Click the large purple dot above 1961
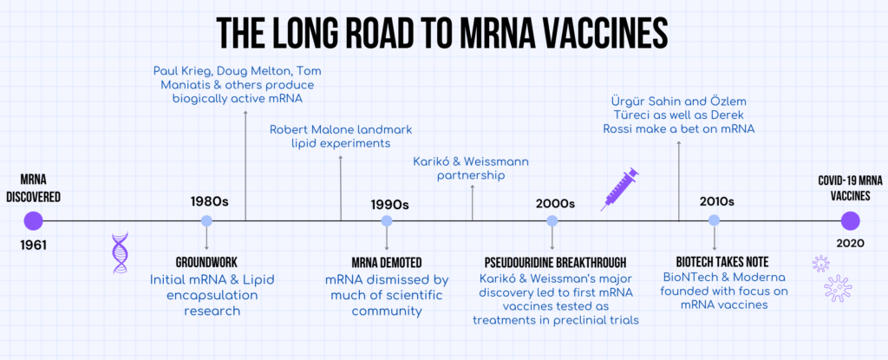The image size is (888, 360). pyautogui.click(x=33, y=220)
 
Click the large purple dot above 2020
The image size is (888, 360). pyautogui.click(x=851, y=220)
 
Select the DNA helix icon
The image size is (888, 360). pyautogui.click(x=120, y=253)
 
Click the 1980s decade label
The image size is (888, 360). pyautogui.click(x=209, y=201)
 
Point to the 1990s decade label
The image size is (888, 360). pyautogui.click(x=389, y=204)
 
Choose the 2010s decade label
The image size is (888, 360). pyautogui.click(x=716, y=201)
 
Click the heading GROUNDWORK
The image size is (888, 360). pyautogui.click(x=206, y=262)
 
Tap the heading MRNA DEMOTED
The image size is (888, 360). pyautogui.click(x=386, y=262)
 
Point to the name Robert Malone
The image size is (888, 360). pyautogui.click(x=313, y=129)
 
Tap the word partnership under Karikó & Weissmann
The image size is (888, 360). pyautogui.click(x=472, y=176)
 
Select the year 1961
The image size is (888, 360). pyautogui.click(x=34, y=245)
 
